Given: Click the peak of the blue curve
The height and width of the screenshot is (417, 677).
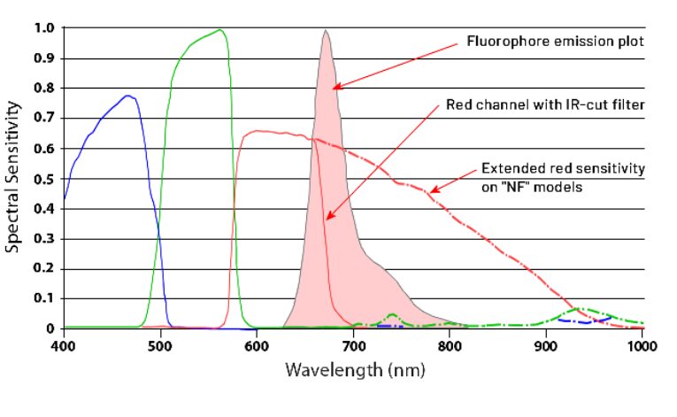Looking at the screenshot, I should point(128,96).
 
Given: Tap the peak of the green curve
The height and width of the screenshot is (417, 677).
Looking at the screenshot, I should point(220,30).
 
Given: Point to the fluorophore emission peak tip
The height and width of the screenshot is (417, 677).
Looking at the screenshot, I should point(327,31).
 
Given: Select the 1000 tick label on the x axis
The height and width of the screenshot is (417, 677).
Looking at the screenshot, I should point(641,344).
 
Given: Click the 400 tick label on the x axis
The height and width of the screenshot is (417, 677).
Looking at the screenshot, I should point(63,344).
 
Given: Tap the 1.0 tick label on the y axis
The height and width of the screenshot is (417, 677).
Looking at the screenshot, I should point(45,28).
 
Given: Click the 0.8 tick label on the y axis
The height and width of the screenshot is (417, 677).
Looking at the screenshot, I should point(45,89).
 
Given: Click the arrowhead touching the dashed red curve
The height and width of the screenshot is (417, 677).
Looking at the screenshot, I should point(432,189).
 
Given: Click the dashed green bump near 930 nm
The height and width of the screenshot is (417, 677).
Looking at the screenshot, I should point(577,309).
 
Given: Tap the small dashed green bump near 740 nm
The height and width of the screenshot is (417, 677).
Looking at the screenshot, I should point(391,315).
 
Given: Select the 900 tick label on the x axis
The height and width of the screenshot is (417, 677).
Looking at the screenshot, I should point(547,344).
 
